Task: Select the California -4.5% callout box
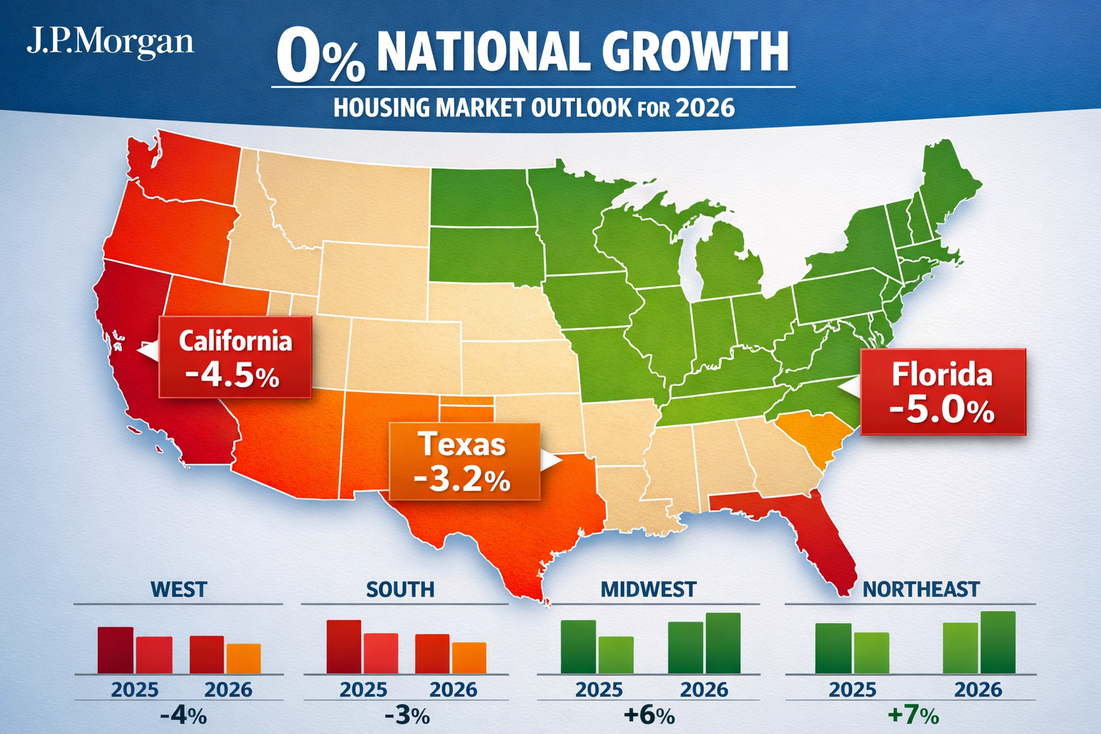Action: point(235,357)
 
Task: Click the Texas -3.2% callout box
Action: point(463,461)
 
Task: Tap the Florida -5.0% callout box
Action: point(943,392)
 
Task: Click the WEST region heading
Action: point(178,589)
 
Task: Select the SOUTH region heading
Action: point(400,589)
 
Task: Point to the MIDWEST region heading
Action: point(648,589)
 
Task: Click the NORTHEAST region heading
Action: point(920,589)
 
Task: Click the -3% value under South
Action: point(406,715)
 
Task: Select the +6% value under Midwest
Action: point(649,715)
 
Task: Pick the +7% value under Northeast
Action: point(912,715)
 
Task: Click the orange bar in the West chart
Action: point(244,659)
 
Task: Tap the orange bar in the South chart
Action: point(469,658)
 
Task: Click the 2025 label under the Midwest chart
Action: point(599,690)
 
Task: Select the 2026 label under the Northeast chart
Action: point(978,690)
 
